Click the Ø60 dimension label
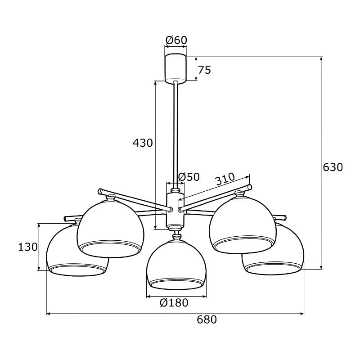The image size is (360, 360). coord(176,40)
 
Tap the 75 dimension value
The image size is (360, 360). coord(204,70)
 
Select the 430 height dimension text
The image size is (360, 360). coord(143,143)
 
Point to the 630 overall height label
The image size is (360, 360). coord(333,167)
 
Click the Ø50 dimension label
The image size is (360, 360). coord(189,177)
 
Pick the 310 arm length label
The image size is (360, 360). coord(225,179)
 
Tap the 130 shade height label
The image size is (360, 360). coord(28,247)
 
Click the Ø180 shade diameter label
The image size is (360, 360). coord(174,303)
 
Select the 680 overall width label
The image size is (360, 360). coord(207,319)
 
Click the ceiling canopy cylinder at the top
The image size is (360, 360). coord(175,68)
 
